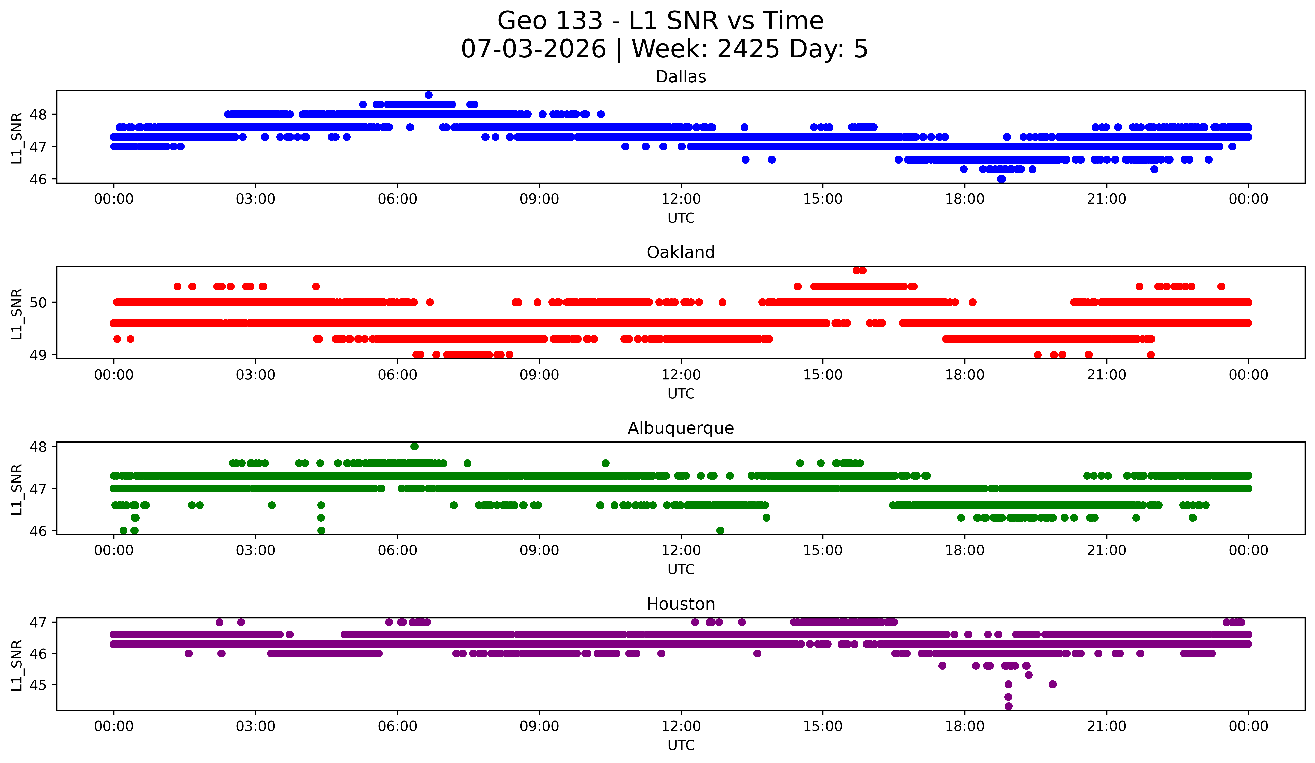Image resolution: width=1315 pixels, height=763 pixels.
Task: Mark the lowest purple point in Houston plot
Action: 1009,706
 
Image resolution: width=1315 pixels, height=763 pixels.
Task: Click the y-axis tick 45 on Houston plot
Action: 38,685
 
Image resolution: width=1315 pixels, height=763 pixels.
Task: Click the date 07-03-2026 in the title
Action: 533,49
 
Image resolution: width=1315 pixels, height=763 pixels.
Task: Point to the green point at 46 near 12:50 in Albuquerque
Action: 720,530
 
